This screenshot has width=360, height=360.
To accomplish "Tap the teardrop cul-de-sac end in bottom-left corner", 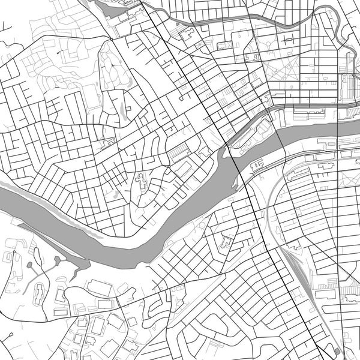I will point(11,253).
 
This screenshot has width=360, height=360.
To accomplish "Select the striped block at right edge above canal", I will point(349,87).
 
